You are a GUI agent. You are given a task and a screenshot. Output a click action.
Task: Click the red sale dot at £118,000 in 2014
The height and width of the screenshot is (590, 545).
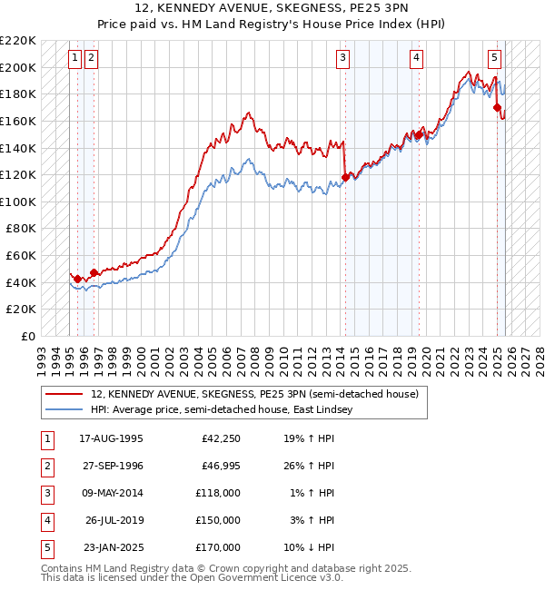(345, 177)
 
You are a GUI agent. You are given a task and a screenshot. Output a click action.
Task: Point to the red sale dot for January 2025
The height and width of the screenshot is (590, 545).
(498, 107)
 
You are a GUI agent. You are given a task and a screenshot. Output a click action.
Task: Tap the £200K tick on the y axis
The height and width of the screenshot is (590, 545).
(18, 67)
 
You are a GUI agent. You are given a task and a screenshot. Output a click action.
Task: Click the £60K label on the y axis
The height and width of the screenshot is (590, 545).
(21, 256)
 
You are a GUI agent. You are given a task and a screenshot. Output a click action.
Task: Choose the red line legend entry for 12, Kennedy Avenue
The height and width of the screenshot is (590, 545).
(254, 395)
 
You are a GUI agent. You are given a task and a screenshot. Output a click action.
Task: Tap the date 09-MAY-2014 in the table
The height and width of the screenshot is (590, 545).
(111, 494)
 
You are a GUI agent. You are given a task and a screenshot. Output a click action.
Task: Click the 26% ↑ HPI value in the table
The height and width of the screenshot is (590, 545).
(311, 467)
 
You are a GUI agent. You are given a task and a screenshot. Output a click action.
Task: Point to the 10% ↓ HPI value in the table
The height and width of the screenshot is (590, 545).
(311, 548)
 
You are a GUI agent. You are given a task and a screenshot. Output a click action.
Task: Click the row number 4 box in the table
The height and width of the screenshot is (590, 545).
(46, 521)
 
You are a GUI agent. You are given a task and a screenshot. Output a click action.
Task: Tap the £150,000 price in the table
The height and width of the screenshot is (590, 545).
(218, 521)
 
